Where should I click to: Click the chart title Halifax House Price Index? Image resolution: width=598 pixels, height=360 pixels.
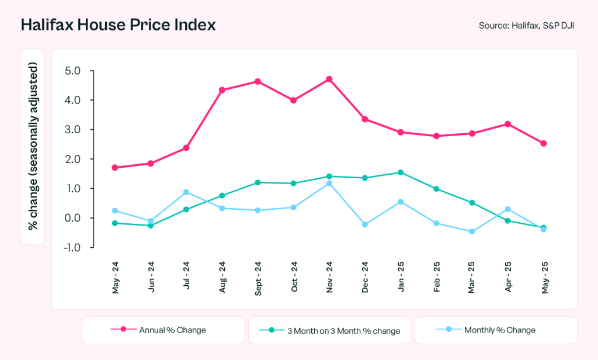click(119, 25)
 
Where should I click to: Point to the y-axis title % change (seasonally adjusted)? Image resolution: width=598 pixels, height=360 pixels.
click(33, 148)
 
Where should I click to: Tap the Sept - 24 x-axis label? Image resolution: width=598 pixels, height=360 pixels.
click(258, 277)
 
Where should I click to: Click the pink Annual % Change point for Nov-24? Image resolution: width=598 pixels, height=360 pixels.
click(329, 79)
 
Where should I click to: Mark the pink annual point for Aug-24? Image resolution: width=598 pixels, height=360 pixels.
click(222, 90)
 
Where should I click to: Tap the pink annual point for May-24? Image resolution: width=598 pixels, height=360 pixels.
click(115, 168)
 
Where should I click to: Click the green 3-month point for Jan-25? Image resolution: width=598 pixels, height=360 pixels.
click(401, 172)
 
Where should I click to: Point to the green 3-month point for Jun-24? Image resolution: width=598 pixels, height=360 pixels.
click(151, 226)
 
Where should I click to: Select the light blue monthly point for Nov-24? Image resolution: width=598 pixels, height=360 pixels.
click(329, 184)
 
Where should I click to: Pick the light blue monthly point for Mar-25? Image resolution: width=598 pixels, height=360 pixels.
click(472, 231)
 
